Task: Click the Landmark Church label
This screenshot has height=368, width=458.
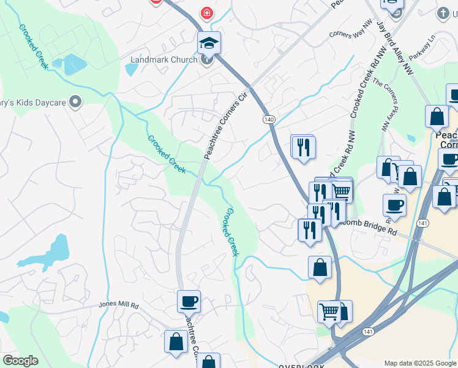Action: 163,59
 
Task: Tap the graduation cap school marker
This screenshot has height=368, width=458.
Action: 208,44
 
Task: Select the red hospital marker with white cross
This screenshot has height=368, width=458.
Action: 208,12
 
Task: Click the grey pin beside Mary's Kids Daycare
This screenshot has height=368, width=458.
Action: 75,101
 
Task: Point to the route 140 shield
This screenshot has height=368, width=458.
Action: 269,118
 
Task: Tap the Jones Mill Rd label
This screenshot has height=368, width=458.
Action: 119,305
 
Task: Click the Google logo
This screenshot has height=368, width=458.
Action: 20,361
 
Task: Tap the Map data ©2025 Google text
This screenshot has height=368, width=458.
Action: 419,363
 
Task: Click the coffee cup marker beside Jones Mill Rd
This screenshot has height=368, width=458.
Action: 189,301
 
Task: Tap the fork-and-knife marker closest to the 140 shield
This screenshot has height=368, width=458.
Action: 303,147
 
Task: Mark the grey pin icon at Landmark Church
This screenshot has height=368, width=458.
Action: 208,59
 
